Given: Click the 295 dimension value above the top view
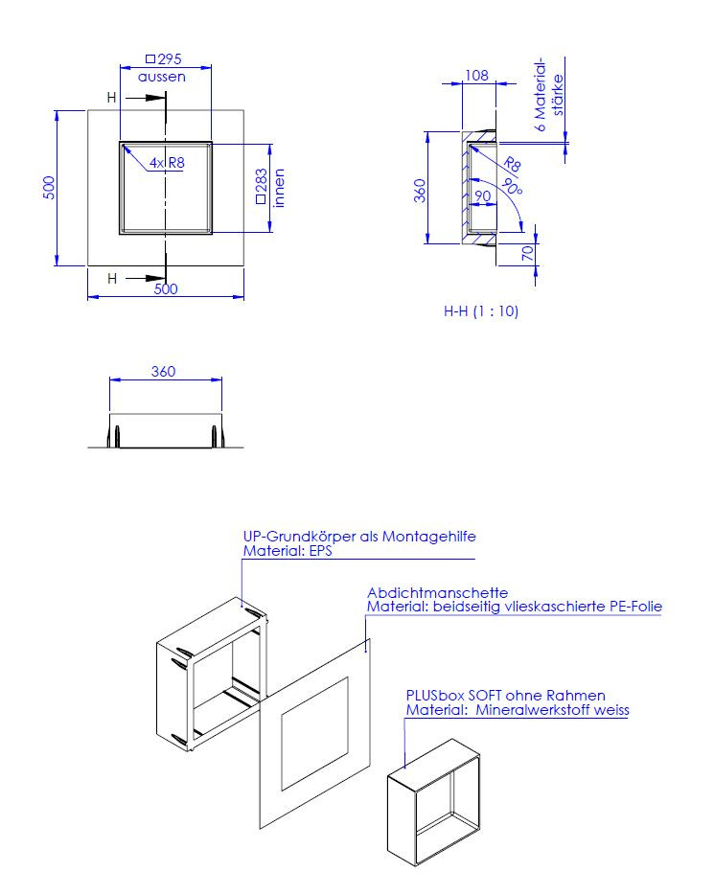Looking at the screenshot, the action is click(x=170, y=58).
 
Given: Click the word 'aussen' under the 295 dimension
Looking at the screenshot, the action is click(x=162, y=77).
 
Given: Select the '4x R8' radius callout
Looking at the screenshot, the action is click(x=167, y=163).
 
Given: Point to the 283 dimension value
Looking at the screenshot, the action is click(x=262, y=181).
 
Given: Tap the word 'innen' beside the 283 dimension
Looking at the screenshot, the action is click(x=279, y=188).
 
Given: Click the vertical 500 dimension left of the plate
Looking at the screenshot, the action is click(x=49, y=187).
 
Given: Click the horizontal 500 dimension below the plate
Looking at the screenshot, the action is click(x=166, y=288).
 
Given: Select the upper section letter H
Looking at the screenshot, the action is click(x=112, y=98).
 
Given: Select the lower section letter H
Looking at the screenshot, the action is click(x=112, y=279).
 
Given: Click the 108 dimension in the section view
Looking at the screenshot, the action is click(x=476, y=76).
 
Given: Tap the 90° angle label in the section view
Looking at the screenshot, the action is click(x=512, y=186).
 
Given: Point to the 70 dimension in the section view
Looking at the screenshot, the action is click(x=528, y=252).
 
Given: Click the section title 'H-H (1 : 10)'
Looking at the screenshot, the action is click(x=481, y=311).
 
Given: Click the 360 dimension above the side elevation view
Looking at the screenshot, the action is click(x=163, y=372).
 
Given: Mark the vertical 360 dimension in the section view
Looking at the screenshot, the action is click(x=420, y=191).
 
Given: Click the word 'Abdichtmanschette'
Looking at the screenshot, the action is click(x=437, y=592).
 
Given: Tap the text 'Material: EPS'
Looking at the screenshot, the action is click(x=288, y=551).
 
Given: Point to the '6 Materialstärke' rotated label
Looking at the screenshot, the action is click(x=549, y=94).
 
